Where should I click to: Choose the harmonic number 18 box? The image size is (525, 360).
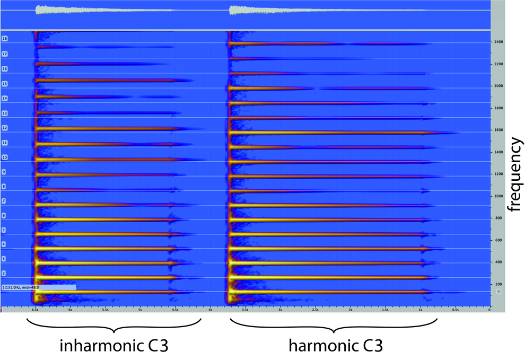pos(5,39)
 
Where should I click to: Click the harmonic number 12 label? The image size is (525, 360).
pos(5,128)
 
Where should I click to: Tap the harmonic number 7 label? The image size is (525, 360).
pos(4,201)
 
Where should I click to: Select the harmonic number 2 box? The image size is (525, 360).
pos(4,273)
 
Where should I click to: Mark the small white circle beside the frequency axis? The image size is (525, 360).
pos(498,292)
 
